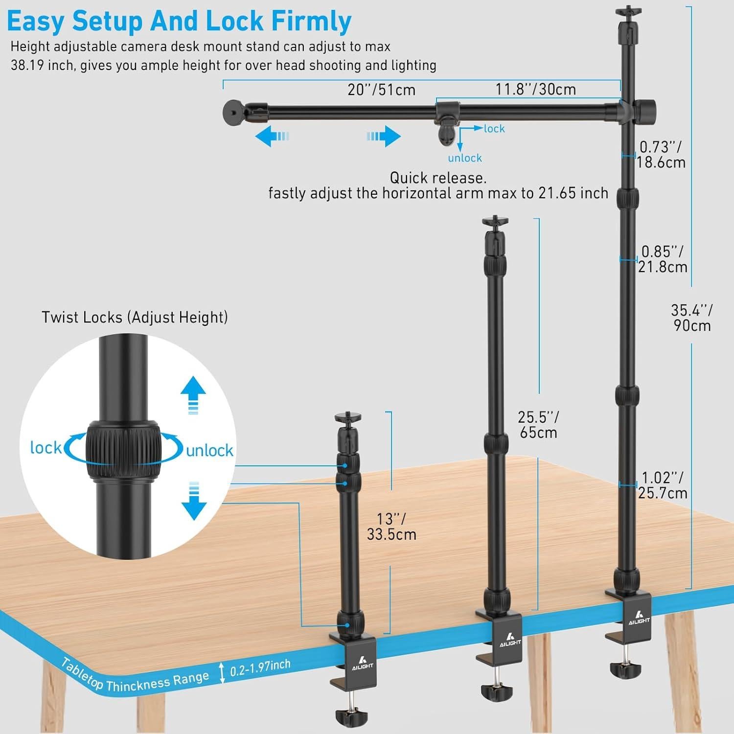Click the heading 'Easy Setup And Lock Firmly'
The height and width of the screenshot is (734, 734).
coord(179,21)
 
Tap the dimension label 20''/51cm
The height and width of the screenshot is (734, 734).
coord(382,90)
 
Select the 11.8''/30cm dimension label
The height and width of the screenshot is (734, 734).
coord(535,89)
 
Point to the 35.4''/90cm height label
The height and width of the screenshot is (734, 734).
coord(692,318)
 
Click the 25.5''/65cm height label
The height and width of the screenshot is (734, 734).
coord(538,424)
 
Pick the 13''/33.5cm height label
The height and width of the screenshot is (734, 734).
coord(391,527)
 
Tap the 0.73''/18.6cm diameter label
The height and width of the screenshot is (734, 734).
coord(661,154)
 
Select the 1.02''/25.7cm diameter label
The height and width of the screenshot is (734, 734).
coord(663,485)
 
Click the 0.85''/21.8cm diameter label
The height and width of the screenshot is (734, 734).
coord(663,259)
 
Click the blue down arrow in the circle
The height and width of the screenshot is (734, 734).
coord(194,501)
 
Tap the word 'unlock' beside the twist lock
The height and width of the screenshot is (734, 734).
coord(209,450)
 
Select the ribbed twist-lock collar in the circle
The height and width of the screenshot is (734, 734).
coord(124,450)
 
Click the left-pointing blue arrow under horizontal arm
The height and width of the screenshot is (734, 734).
coord(273,136)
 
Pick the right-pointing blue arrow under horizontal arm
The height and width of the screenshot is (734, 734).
coord(384,136)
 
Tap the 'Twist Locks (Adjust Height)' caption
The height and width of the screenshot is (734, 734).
coord(135,317)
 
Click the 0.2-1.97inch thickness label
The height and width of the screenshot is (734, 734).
coord(260,669)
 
